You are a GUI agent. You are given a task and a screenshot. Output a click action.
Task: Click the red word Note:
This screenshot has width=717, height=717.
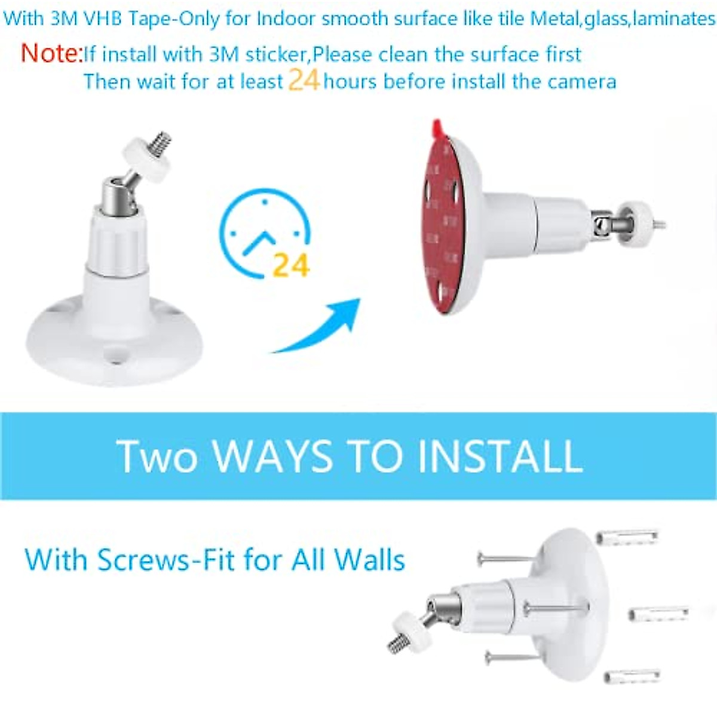51,53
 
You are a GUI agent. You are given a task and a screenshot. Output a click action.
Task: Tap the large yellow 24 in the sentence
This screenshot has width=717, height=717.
304,79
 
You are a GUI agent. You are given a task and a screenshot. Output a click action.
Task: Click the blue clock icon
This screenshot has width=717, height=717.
263,233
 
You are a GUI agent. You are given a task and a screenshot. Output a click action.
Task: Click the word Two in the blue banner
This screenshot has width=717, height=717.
157,456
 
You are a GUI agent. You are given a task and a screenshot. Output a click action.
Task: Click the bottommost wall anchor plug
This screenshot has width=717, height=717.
632,677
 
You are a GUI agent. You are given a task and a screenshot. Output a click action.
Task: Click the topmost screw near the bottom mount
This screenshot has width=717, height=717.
505,559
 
